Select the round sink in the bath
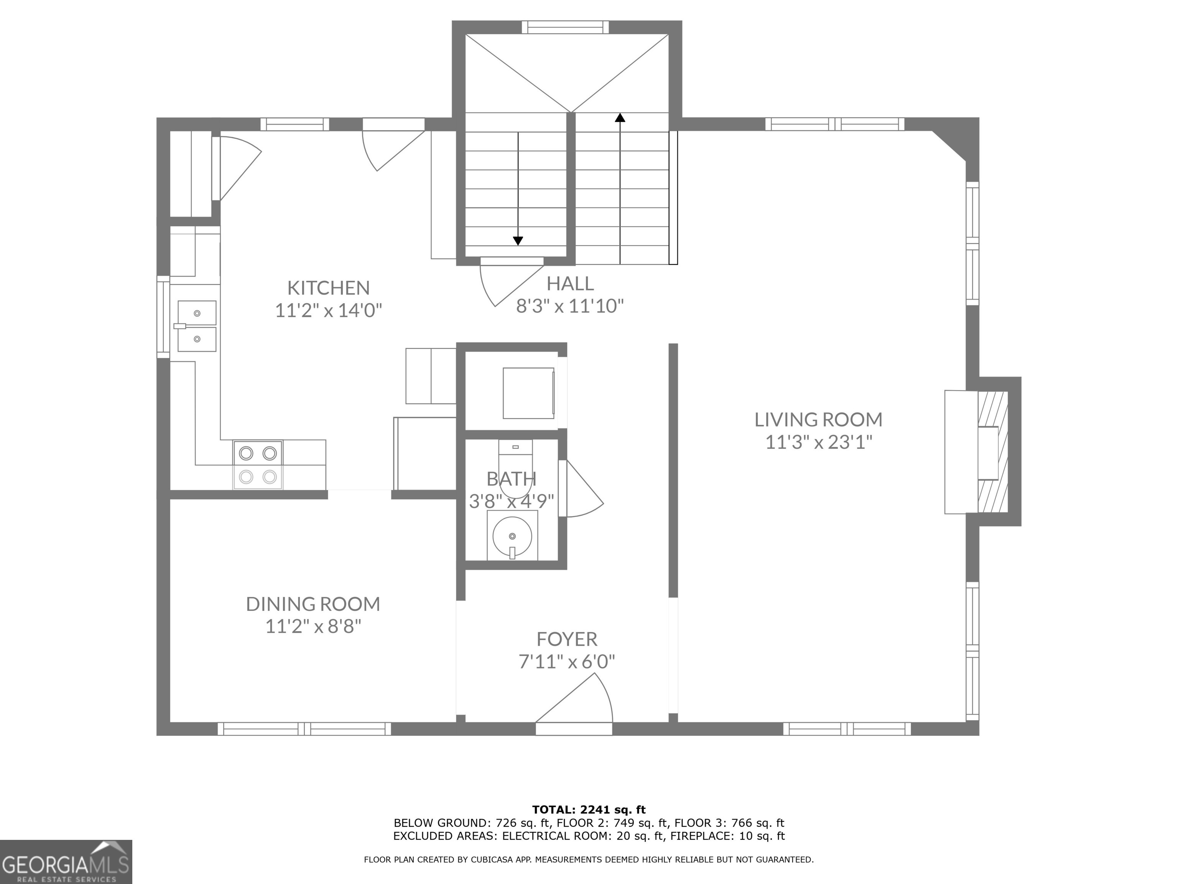point(512,536)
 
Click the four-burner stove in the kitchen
point(258,465)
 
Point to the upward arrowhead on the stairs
point(620,118)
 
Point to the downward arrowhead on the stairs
point(518,241)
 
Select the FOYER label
point(567,639)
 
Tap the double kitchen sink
point(196,326)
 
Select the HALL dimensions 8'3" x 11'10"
point(570,306)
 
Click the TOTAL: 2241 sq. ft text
point(589,810)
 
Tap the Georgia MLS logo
point(66,862)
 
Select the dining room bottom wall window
point(304,728)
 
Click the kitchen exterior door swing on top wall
point(389,147)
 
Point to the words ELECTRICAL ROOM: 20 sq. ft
point(584,836)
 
